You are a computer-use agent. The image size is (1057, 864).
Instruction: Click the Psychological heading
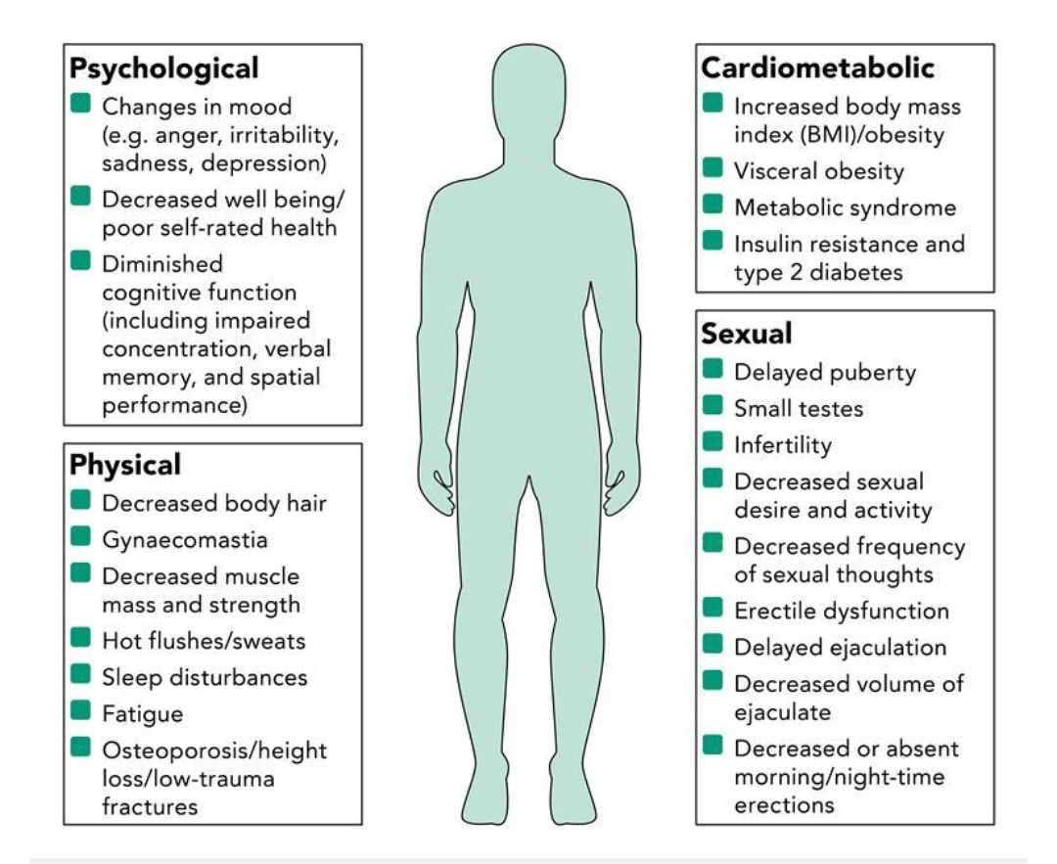pyautogui.click(x=164, y=68)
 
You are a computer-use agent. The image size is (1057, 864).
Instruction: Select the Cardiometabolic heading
pyautogui.click(x=818, y=68)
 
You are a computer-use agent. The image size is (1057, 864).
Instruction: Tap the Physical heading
pyautogui.click(x=125, y=465)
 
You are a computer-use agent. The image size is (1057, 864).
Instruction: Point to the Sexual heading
pyautogui.click(x=747, y=334)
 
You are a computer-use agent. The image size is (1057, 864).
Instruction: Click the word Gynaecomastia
pyautogui.click(x=185, y=539)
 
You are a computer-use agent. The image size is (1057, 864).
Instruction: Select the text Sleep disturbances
pyautogui.click(x=205, y=676)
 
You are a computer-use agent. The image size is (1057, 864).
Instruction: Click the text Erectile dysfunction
pyautogui.click(x=842, y=612)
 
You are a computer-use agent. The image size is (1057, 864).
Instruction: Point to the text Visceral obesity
pyautogui.click(x=819, y=171)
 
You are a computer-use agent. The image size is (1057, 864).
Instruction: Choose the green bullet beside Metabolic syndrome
pyautogui.click(x=713, y=205)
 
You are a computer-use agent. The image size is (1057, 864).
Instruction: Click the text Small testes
pyautogui.click(x=799, y=408)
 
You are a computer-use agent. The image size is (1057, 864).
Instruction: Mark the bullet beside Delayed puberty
pyautogui.click(x=713, y=371)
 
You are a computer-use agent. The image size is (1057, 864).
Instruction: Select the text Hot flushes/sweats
pyautogui.click(x=204, y=641)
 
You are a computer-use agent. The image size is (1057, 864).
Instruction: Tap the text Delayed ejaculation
pyautogui.click(x=840, y=648)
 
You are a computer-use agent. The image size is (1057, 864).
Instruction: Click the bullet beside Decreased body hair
pyautogui.click(x=81, y=502)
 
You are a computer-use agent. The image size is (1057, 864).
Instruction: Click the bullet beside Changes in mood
pyautogui.click(x=81, y=103)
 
